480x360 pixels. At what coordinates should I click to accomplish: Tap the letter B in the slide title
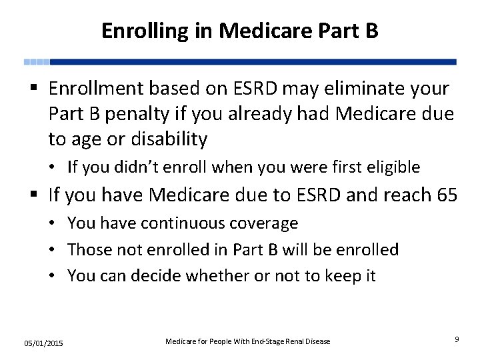click(x=371, y=31)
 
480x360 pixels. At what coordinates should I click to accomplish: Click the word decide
click(x=157, y=275)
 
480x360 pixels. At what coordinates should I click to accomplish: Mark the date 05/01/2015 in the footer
click(x=43, y=343)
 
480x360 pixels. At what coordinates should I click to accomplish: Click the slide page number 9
click(x=457, y=339)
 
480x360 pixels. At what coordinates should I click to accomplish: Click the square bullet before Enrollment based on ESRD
click(x=33, y=89)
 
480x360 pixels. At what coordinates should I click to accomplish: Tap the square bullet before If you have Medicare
click(x=33, y=195)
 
